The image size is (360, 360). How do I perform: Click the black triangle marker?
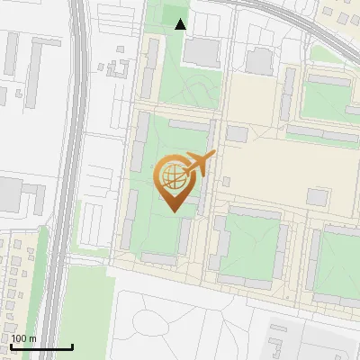click(x=181, y=24)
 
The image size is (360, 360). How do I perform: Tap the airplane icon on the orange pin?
click(x=201, y=164)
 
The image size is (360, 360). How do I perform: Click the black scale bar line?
click(x=41, y=346)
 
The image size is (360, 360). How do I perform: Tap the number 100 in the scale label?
click(x=20, y=338)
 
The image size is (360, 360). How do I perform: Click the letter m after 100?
click(x=32, y=338)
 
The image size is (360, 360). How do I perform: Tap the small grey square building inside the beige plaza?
click(x=318, y=196)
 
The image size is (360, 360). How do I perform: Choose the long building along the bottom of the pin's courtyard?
click(x=159, y=259)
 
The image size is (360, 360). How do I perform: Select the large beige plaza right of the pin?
click(x=270, y=171)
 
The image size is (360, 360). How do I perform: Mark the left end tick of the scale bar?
click(x=11, y=346)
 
